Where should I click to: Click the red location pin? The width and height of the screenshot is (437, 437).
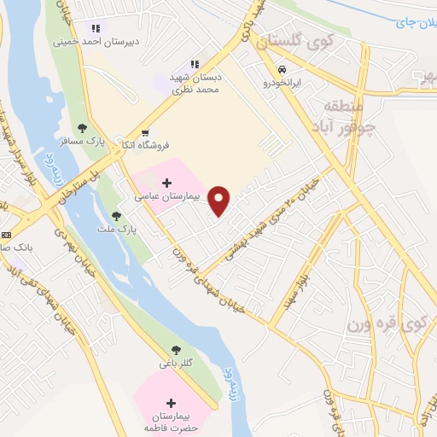[219, 200]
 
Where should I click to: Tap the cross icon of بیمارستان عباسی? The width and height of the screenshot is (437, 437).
[166, 183]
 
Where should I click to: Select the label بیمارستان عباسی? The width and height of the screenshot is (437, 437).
[166, 196]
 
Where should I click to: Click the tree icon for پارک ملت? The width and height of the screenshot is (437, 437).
[116, 216]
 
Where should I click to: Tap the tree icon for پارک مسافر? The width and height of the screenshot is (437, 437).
[82, 128]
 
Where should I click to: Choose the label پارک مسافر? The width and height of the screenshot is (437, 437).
[90, 142]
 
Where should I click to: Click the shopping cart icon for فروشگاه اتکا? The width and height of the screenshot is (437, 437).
[145, 132]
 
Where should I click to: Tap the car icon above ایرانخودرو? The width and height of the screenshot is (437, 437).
[282, 69]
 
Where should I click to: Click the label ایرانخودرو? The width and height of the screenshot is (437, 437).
[282, 83]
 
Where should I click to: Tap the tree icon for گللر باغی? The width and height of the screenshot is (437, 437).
[176, 350]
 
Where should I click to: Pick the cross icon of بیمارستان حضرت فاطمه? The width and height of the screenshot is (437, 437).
[171, 403]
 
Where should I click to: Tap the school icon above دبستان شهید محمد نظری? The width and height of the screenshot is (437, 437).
[195, 64]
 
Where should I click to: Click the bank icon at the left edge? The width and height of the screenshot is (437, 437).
[7, 234]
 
